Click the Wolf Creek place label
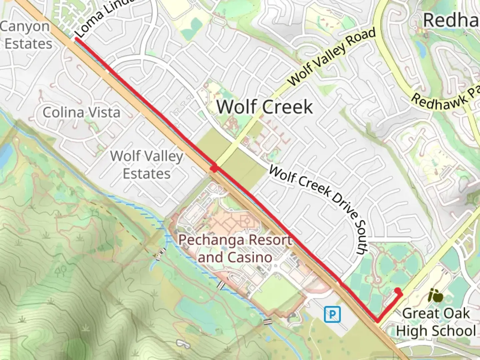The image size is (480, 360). coord(265,107)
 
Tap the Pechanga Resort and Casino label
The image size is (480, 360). coord(235,249)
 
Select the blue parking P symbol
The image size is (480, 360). coord(332,314)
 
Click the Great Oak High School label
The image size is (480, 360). coord(436,322)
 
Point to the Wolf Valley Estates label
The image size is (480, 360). coord(147,165)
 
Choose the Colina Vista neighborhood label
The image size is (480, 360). coord(81,113)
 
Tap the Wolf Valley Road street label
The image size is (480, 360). coord(331,57)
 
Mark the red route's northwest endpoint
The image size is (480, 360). coord(77,39)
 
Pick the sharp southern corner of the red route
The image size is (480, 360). coord(377,321)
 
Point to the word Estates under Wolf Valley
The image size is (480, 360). coord(147,174)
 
